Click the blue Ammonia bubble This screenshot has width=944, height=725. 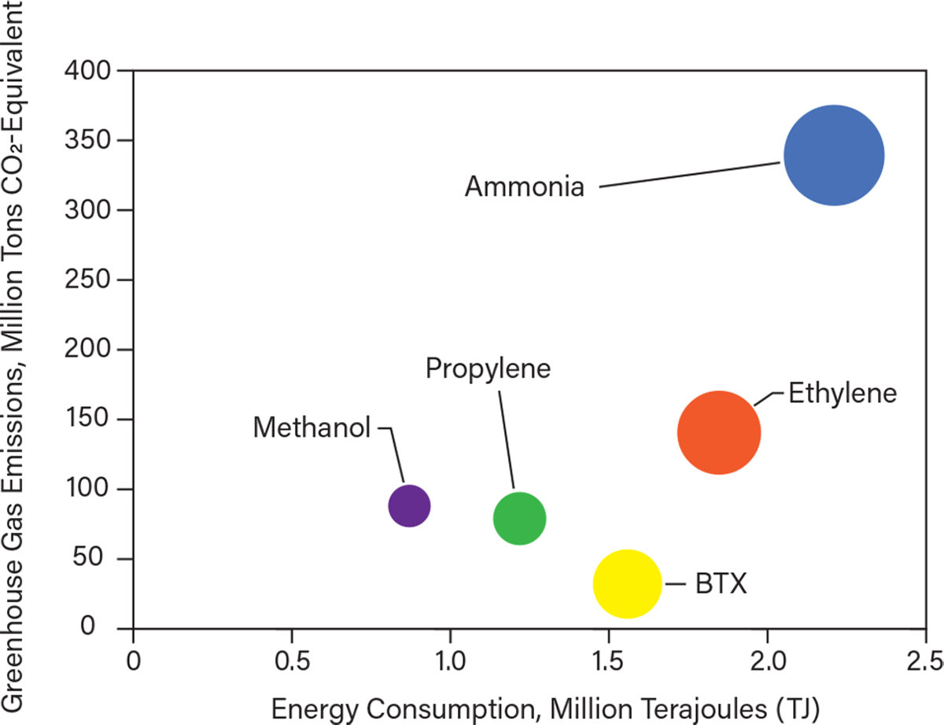coord(834,155)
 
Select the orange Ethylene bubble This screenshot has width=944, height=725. coord(719,432)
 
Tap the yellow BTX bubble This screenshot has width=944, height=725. coord(626,584)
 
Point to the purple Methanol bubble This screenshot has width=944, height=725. coord(409,505)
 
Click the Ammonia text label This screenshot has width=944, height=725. coord(524,187)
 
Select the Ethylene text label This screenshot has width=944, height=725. coord(843,393)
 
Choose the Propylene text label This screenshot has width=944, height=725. coord(488,368)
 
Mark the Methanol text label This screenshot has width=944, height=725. coord(312,427)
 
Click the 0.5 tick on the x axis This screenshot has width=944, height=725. coord(292,655)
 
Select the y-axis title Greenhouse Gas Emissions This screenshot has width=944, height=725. coord(19,346)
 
